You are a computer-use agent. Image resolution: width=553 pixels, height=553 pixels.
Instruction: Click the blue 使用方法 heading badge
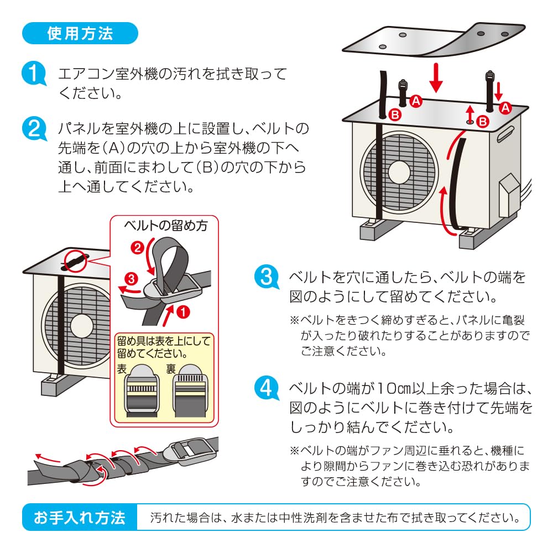point(80,33)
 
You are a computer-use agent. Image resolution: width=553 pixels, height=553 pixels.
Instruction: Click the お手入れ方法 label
point(80,518)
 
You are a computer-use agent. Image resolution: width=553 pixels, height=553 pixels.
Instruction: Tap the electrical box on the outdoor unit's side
point(509,196)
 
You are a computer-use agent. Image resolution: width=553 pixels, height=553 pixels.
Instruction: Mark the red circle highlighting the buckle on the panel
point(76,260)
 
